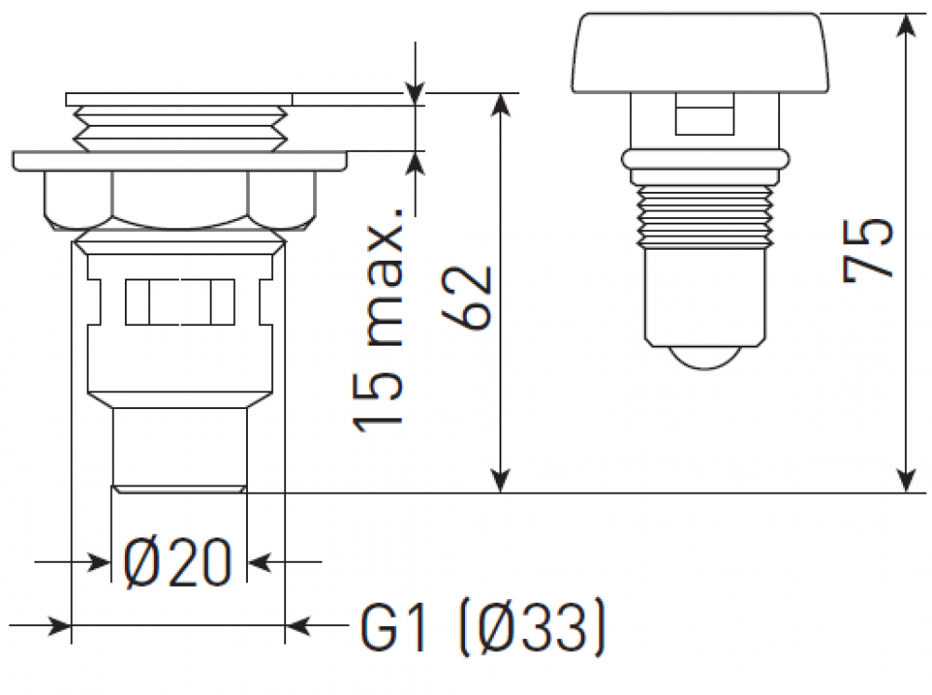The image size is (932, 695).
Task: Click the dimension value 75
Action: (868, 250)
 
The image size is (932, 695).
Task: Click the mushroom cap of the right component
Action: (702, 53)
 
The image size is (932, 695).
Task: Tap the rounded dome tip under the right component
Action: (706, 359)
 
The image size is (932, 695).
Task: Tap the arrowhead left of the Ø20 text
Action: (98, 562)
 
